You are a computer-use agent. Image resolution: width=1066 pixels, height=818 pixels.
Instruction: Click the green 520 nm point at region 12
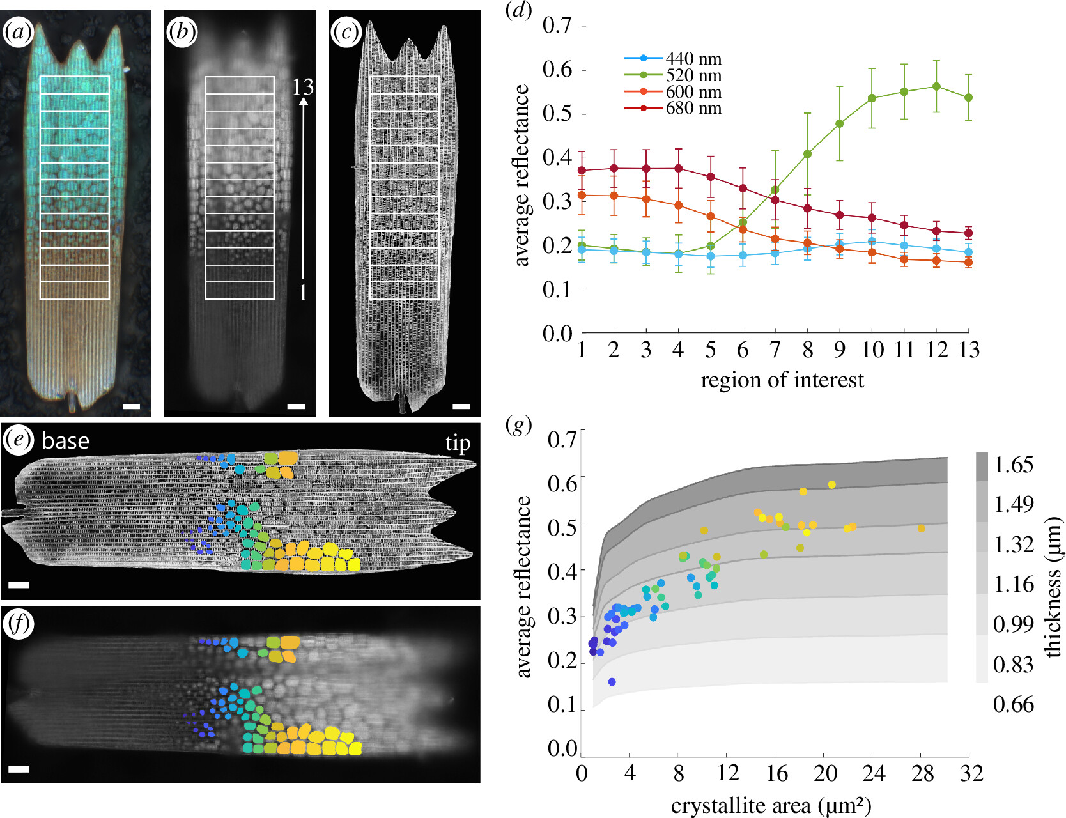pos(936,86)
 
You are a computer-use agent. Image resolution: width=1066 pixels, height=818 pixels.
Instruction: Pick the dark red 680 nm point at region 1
pos(582,171)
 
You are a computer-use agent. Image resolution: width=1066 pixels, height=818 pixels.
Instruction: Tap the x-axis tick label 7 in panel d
pos(775,350)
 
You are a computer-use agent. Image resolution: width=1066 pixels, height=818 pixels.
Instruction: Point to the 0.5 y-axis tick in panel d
pos(557,114)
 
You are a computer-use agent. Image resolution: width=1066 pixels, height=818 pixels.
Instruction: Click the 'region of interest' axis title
pos(782,380)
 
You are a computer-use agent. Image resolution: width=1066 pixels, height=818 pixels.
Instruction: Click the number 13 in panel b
pos(303,87)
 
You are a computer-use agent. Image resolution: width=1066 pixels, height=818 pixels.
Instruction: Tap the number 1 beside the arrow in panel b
pos(303,293)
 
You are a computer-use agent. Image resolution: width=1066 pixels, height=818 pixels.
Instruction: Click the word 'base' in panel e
pos(65,441)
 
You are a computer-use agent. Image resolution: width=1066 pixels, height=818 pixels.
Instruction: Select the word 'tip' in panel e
pos(458,443)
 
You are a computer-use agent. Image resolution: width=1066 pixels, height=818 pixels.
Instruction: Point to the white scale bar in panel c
pos(461,406)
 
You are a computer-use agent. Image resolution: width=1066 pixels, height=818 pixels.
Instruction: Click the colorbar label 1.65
pos(1013,465)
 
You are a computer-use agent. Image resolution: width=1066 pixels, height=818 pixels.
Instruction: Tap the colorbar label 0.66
pos(1013,704)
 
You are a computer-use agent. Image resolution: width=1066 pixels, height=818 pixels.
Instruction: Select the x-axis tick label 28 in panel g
pos(922,774)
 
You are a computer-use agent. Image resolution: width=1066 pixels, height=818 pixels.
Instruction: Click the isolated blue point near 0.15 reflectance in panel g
pos(612,682)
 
